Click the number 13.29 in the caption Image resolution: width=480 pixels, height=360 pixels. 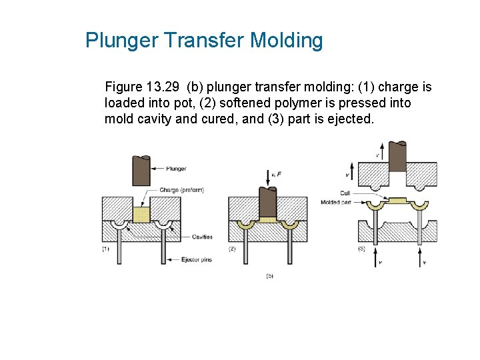(164, 87)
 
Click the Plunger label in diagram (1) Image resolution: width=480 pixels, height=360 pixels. (176, 169)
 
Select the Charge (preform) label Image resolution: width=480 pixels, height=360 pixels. (181, 190)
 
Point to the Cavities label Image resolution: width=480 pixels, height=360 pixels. (203, 237)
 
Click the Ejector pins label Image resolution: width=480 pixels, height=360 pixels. (197, 259)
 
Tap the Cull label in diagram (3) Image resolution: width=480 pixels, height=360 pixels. (345, 193)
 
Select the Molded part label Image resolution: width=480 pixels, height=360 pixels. (335, 202)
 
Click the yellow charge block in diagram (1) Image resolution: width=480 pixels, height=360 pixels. (141, 214)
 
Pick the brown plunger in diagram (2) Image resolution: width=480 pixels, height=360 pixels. (268, 202)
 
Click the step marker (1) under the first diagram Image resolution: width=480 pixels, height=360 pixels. (106, 249)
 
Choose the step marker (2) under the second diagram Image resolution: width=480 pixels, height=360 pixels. (233, 249)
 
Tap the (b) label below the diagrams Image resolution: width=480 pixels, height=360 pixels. (269, 275)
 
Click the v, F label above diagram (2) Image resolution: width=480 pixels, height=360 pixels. (276, 174)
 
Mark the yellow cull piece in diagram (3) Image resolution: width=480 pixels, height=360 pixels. (397, 200)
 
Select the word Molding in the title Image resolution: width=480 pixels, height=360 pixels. (286, 41)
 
